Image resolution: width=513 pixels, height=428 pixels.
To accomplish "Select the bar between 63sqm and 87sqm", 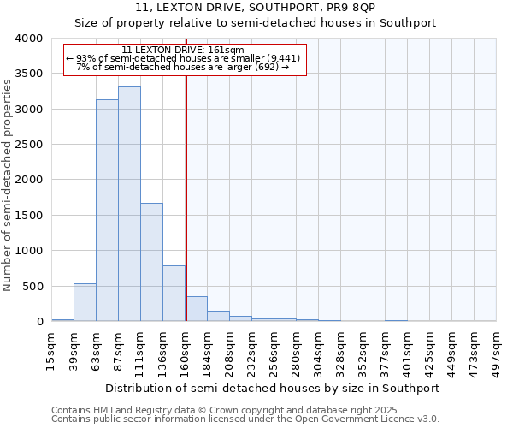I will pos(107,210).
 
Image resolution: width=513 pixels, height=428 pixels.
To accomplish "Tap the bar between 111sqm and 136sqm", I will pos(151,262).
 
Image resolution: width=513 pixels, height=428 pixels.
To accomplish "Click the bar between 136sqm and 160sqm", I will pos(174,294).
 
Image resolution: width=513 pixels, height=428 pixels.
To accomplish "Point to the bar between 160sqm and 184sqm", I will pos(196,309).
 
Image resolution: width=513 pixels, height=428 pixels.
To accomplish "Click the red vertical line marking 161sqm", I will pos(186,197).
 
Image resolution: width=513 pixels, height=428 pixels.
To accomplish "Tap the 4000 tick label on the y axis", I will pos(28,39).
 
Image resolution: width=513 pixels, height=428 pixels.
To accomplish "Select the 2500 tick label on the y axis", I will pos(28,145).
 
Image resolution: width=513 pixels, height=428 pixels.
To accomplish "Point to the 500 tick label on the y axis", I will pos(32,286).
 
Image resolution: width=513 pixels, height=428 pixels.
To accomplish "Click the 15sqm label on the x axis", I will pos(52,350).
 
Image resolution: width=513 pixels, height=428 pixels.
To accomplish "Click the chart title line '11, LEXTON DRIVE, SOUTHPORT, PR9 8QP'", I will pos(256,8).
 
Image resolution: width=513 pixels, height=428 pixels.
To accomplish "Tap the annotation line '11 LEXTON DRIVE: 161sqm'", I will pos(183,51).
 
